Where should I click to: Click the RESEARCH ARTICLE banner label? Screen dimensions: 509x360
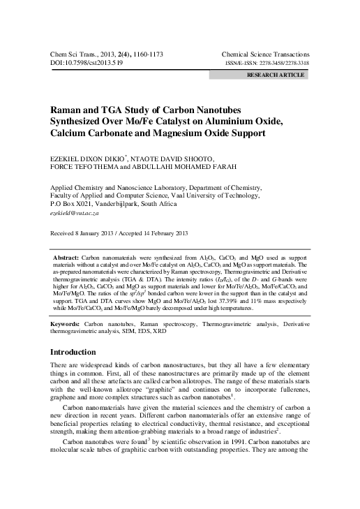[277, 73]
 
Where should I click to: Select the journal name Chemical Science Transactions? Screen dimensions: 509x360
[265, 54]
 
